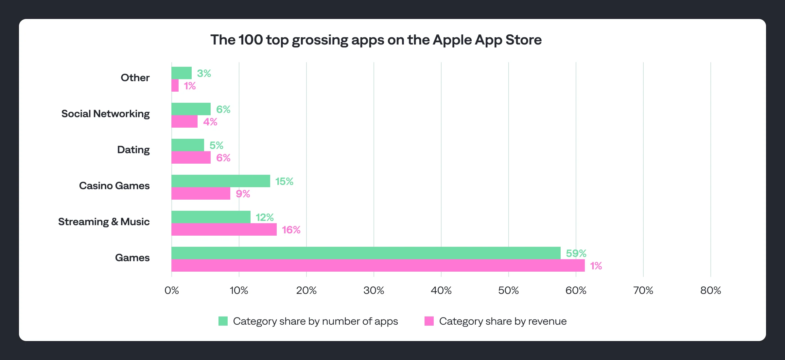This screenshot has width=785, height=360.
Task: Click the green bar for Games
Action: tap(366, 253)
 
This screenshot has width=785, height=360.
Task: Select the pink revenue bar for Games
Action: tap(378, 265)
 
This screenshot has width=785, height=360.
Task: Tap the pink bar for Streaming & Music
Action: tap(224, 229)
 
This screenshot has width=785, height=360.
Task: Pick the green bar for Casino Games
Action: tap(220, 181)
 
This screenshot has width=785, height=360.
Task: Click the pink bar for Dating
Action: tap(191, 157)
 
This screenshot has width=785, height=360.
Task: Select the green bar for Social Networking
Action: tap(191, 109)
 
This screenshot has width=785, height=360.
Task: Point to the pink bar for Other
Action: tap(175, 86)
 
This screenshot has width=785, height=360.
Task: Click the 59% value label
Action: tap(576, 253)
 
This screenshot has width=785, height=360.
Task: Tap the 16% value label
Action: tap(291, 230)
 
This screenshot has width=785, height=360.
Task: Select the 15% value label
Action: tap(284, 181)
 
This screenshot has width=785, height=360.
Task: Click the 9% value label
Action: tap(243, 194)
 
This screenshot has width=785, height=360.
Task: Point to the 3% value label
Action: tap(204, 73)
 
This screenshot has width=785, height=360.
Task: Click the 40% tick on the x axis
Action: tap(441, 290)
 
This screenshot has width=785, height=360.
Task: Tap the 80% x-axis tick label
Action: tap(710, 290)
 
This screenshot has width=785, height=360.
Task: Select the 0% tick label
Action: tap(172, 290)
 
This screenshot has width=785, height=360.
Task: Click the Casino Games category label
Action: tap(114, 186)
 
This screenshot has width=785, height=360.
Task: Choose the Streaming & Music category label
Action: tap(104, 222)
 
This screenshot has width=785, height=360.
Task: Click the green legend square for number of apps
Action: tap(223, 321)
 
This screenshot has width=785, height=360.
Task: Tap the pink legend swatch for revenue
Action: tap(429, 321)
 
